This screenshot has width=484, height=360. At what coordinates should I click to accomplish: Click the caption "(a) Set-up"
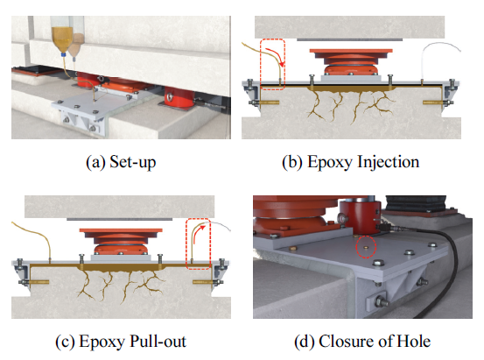click(x=121, y=162)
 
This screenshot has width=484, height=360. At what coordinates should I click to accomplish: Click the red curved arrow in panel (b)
click(x=277, y=54)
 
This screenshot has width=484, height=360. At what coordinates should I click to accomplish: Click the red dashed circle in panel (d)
click(x=366, y=247)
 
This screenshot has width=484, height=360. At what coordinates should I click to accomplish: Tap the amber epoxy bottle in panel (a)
click(x=62, y=39)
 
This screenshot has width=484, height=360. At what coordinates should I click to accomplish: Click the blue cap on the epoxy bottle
click(x=64, y=54)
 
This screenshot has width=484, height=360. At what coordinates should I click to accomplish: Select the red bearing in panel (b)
click(x=351, y=62)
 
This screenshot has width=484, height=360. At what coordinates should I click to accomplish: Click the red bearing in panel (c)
click(x=121, y=242)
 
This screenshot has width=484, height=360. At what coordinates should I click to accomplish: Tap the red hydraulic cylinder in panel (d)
click(x=361, y=217)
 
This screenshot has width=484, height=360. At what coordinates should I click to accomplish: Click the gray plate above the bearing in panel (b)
click(x=350, y=39)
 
